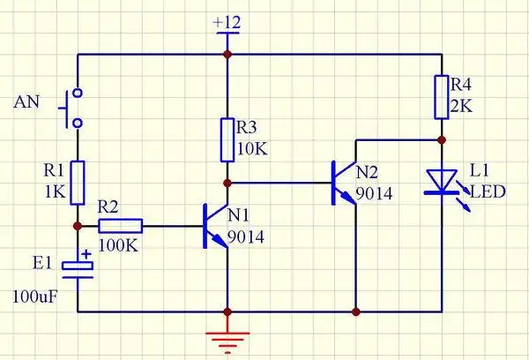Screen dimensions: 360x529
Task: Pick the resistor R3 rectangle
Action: pos(227,135)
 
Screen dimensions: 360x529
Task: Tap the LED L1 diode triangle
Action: pos(440,181)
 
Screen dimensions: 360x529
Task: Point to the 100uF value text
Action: pos(35,295)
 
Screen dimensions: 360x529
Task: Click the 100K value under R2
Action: pos(117,244)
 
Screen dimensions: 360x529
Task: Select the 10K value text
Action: pos(253,147)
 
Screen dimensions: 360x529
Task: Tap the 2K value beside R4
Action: pos(463,107)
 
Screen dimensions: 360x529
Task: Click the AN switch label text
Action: pos(26,102)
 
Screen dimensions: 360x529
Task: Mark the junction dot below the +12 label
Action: pos(227,54)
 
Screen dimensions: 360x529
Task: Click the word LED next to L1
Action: pos(488,191)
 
